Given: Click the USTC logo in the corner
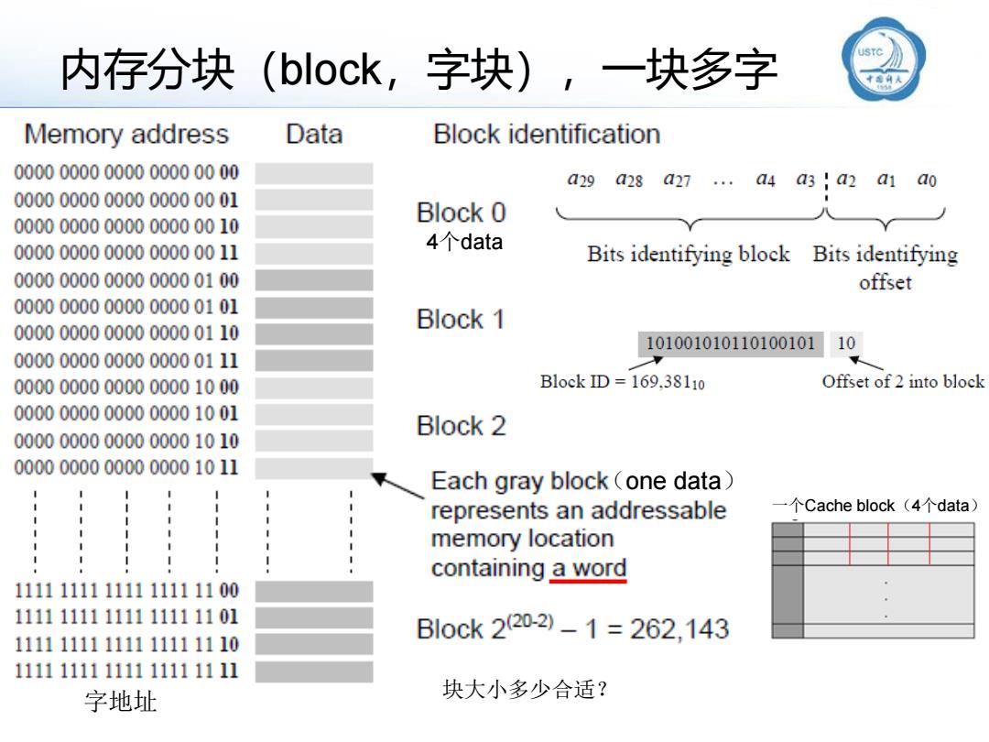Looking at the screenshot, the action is [884, 60].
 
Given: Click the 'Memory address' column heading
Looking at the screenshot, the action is [126, 135].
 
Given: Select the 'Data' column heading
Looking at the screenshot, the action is [314, 135].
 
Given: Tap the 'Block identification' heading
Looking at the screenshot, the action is [547, 135].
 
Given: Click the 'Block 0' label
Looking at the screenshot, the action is [461, 213].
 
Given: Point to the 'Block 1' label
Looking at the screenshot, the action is [461, 320].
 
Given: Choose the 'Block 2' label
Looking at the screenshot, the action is [461, 426].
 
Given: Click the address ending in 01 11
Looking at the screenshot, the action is [126, 360].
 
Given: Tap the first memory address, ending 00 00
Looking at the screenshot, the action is [126, 172].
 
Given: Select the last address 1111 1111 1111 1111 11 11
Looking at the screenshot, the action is [126, 671].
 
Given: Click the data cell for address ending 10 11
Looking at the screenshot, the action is [314, 467].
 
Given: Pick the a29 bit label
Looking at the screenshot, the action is [581, 180].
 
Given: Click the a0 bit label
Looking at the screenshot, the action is [927, 180].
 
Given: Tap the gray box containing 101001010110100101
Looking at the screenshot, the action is [731, 344].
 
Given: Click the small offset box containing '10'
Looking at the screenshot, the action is [846, 344].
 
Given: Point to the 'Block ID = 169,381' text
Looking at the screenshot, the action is [622, 382].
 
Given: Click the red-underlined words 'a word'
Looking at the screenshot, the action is [589, 568].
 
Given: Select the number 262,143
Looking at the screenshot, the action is [679, 629].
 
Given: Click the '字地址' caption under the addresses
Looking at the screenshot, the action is [121, 702].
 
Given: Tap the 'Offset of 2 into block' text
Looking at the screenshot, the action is [903, 382].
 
